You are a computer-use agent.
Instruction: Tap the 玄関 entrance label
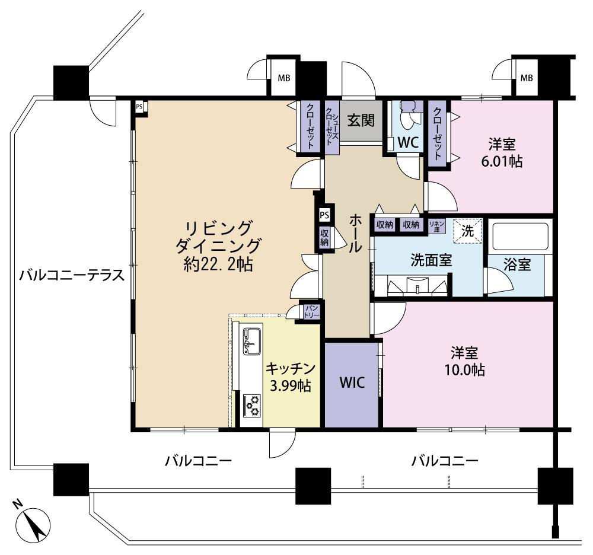point(360,120)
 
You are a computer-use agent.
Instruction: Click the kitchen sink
point(250,340)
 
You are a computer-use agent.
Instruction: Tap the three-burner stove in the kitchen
point(251,405)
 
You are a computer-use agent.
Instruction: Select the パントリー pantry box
point(311,312)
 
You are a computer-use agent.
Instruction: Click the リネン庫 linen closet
point(437,225)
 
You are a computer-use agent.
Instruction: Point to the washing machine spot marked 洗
point(468,231)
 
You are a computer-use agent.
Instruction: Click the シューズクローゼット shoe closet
point(331,127)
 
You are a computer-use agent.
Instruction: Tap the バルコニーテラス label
point(71,275)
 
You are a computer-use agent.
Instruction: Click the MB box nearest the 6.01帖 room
point(525,78)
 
